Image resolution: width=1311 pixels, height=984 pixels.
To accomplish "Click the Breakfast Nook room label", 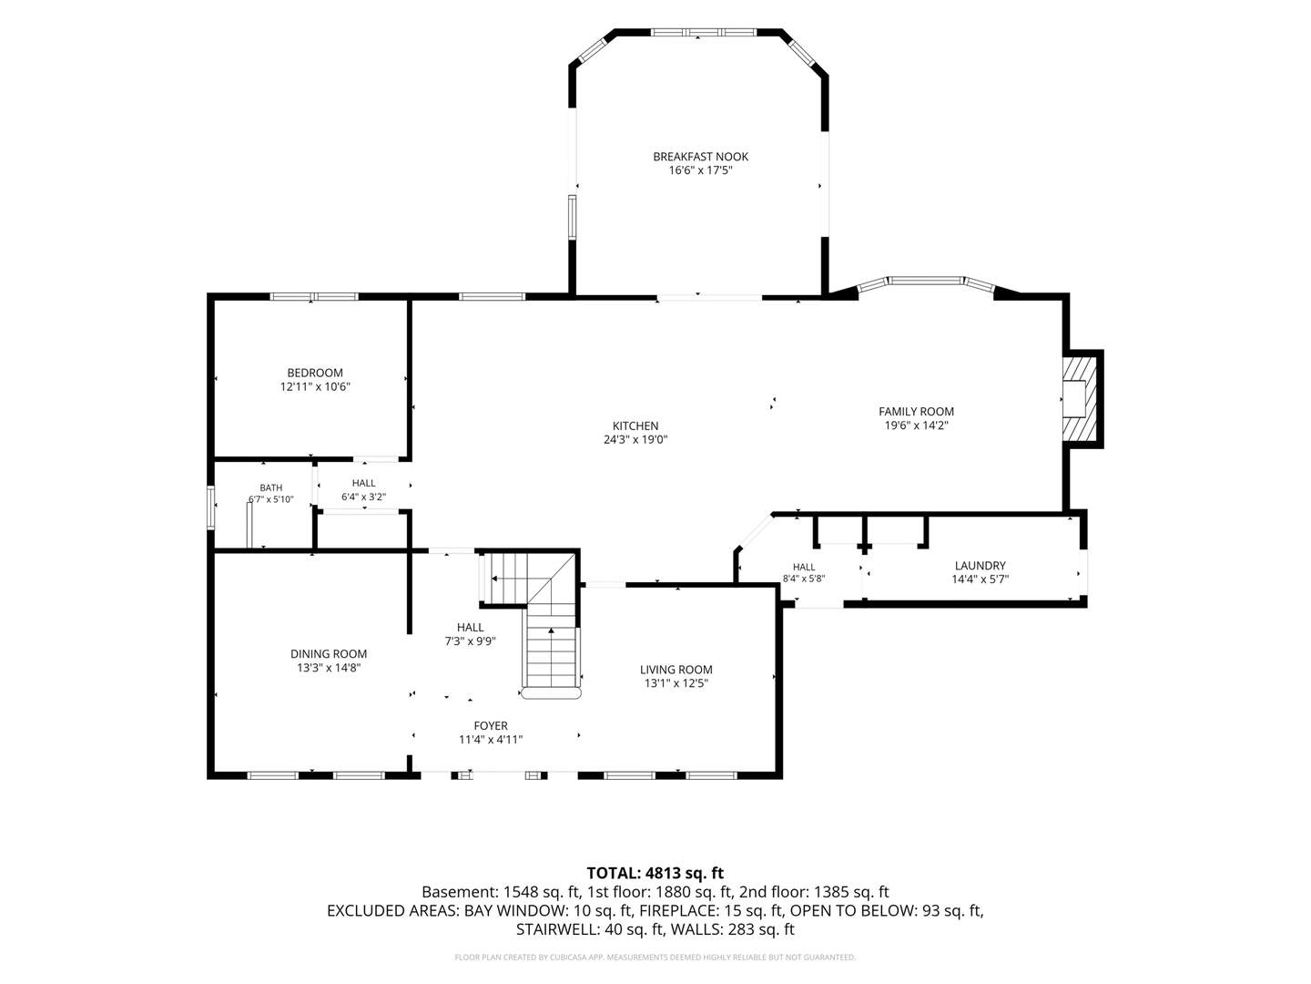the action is click(x=700, y=157).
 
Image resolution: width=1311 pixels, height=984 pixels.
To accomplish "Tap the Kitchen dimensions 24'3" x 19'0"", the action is click(x=635, y=440).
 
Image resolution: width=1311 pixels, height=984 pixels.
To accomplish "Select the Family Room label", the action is click(x=916, y=412).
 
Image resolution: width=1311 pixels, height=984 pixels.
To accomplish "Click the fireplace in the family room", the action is click(x=1080, y=398).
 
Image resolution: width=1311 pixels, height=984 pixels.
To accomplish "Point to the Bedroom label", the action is click(x=315, y=373).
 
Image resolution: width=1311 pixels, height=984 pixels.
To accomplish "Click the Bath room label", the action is click(x=271, y=488).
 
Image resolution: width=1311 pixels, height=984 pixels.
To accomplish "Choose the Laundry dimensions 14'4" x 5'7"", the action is click(x=981, y=579).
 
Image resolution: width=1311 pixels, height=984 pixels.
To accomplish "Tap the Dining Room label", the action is click(x=329, y=654).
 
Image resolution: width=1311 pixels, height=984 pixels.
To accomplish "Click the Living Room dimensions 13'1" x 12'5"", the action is click(x=676, y=683).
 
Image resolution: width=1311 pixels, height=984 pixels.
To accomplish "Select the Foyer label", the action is click(x=491, y=726).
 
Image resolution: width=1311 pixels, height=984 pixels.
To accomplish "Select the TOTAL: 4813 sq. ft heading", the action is click(x=655, y=874).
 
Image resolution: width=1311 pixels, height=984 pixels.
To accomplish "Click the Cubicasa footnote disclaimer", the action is click(x=655, y=958).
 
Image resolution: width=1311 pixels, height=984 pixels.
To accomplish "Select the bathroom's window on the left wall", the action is click(x=210, y=507).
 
